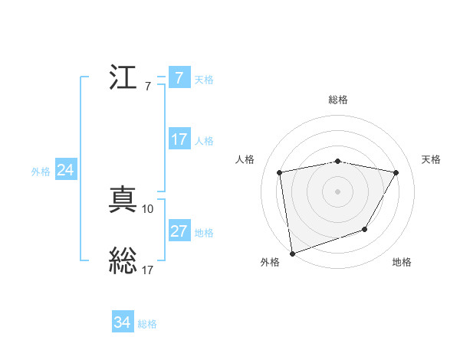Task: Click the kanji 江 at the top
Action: pyautogui.click(x=123, y=79)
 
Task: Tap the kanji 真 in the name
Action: pyautogui.click(x=123, y=201)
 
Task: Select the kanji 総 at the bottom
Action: pyautogui.click(x=123, y=260)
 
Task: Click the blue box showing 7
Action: pyautogui.click(x=179, y=78)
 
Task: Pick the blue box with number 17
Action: pyautogui.click(x=179, y=139)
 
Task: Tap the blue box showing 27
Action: pyautogui.click(x=179, y=231)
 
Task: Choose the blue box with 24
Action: pyautogui.click(x=66, y=171)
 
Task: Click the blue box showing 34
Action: pyautogui.click(x=122, y=323)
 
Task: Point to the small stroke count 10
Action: pyautogui.click(x=148, y=208)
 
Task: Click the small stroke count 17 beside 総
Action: pyautogui.click(x=148, y=269)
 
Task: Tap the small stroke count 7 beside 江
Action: pyautogui.click(x=148, y=86)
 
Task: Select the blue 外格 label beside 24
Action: pyautogui.click(x=41, y=172)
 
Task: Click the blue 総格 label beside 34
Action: pyautogui.click(x=147, y=324)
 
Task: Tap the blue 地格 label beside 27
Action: pyautogui.click(x=204, y=233)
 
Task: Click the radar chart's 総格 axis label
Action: pyautogui.click(x=338, y=100)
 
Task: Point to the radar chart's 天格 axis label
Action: pyautogui.click(x=431, y=159)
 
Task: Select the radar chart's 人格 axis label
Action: pyautogui.click(x=245, y=159)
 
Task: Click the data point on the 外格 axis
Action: pyautogui.click(x=292, y=253)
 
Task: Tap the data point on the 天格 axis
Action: pyautogui.click(x=396, y=173)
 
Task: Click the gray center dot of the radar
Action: pyautogui.click(x=338, y=191)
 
